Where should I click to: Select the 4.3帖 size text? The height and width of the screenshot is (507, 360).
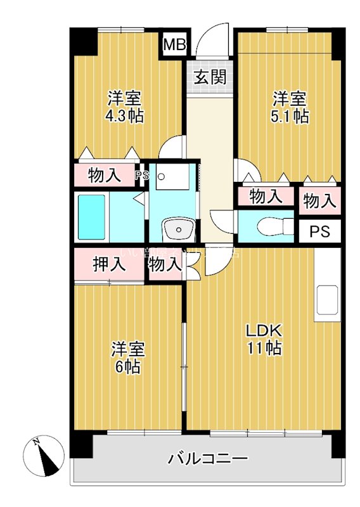click(124, 116)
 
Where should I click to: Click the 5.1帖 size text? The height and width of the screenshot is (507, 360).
click(291, 116)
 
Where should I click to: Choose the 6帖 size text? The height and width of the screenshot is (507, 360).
click(128, 367)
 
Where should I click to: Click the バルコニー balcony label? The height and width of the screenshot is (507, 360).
click(208, 459)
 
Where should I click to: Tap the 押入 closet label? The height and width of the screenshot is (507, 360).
click(105, 264)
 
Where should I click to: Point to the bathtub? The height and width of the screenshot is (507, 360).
click(93, 216)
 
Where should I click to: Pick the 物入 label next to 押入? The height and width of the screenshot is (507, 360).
click(165, 264)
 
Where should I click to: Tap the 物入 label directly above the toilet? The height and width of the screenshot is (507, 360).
click(266, 196)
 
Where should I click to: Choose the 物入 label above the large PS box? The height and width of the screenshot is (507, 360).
click(319, 201)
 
